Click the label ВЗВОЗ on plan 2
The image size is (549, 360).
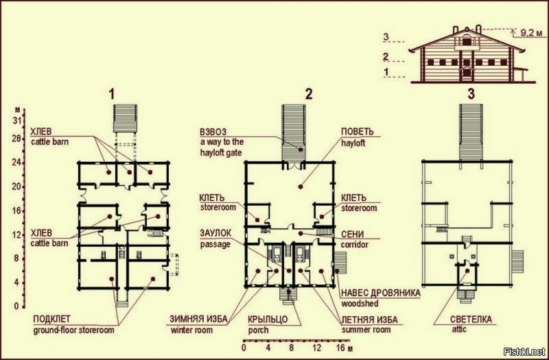click(x=213, y=132)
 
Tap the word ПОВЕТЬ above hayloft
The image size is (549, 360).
click(x=358, y=132)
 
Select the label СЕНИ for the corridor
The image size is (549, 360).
click(x=352, y=234)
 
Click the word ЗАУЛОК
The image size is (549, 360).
click(x=215, y=233)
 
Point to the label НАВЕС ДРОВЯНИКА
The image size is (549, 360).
click(x=381, y=293)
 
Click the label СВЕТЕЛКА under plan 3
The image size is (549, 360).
click(x=471, y=319)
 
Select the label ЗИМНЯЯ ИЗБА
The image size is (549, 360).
click(x=198, y=319)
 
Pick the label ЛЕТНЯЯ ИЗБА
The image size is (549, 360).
click(x=370, y=320)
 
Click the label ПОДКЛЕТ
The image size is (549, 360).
click(x=52, y=319)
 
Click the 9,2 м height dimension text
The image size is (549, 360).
click(x=531, y=33)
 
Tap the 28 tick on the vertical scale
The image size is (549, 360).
click(x=16, y=139)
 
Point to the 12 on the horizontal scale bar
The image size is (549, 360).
click(x=316, y=348)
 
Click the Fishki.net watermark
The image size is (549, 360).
click(x=524, y=351)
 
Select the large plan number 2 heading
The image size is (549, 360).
click(x=308, y=95)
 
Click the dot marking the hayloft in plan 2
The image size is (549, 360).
click(x=300, y=187)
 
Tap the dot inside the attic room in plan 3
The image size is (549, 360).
click(x=467, y=270)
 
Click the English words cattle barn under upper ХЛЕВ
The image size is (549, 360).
click(x=49, y=142)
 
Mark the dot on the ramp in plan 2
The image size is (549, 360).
click(x=301, y=149)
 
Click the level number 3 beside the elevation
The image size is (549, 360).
click(x=386, y=36)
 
